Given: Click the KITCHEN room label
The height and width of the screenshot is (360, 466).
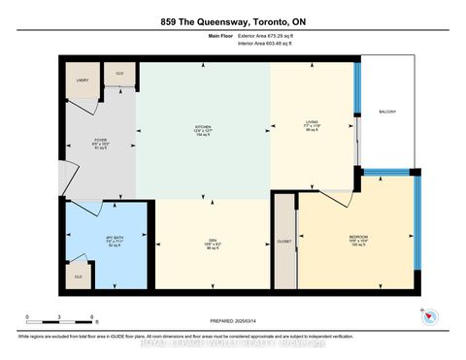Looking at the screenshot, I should [x=203, y=126].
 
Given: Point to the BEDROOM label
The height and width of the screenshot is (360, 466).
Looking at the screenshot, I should [x=358, y=236].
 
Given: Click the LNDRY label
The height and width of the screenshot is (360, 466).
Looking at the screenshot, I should [x=82, y=80].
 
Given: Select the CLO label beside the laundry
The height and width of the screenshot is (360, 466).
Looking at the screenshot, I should [x=119, y=73].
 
